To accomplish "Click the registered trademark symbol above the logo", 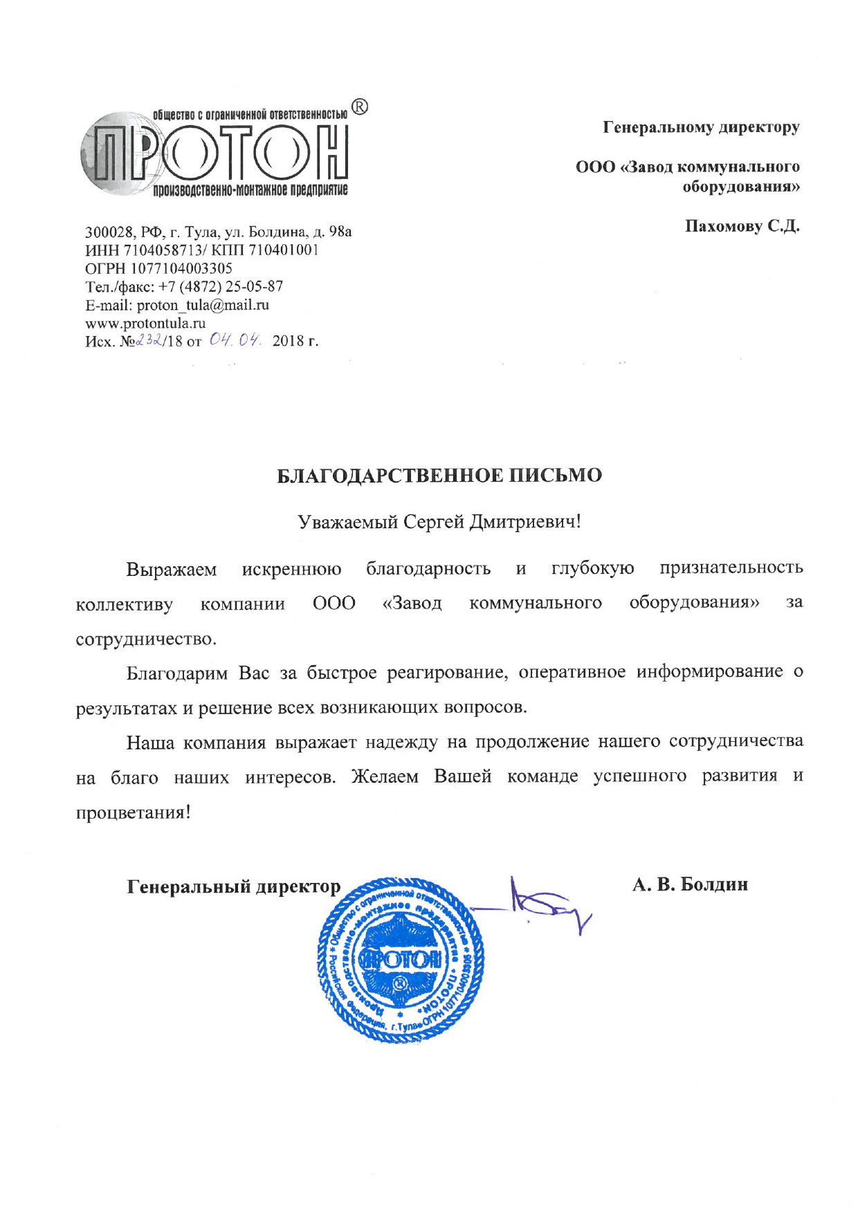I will [360, 107].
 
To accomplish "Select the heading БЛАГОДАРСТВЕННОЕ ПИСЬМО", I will [439, 476].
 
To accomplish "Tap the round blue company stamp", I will [401, 960].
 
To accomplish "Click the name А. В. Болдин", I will [690, 884].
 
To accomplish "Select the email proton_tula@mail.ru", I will [203, 305].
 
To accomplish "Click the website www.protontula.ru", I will [145, 323].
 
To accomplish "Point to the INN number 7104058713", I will [163, 250].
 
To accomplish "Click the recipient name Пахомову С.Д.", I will [742, 226].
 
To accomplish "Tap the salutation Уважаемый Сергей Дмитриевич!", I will [439, 521].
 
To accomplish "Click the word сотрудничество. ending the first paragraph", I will [146, 639].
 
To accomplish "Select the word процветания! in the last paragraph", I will [133, 812].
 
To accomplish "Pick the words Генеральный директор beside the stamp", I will [234, 886].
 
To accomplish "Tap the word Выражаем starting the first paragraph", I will [172, 569].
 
